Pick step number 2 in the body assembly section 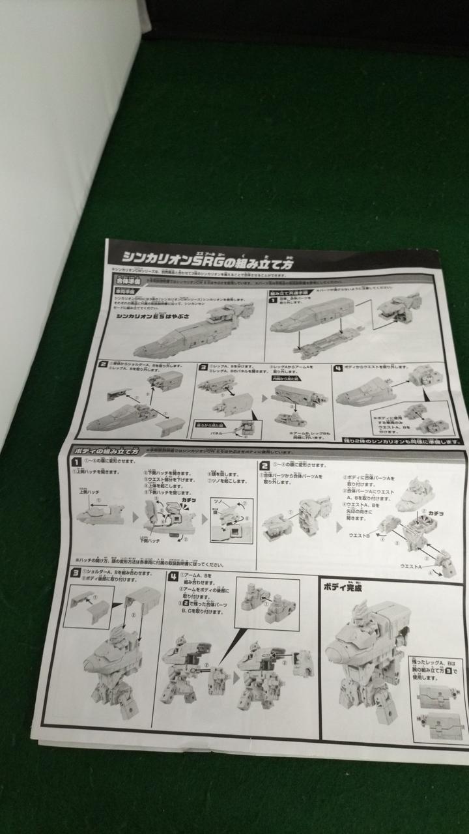tap(265, 465)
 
